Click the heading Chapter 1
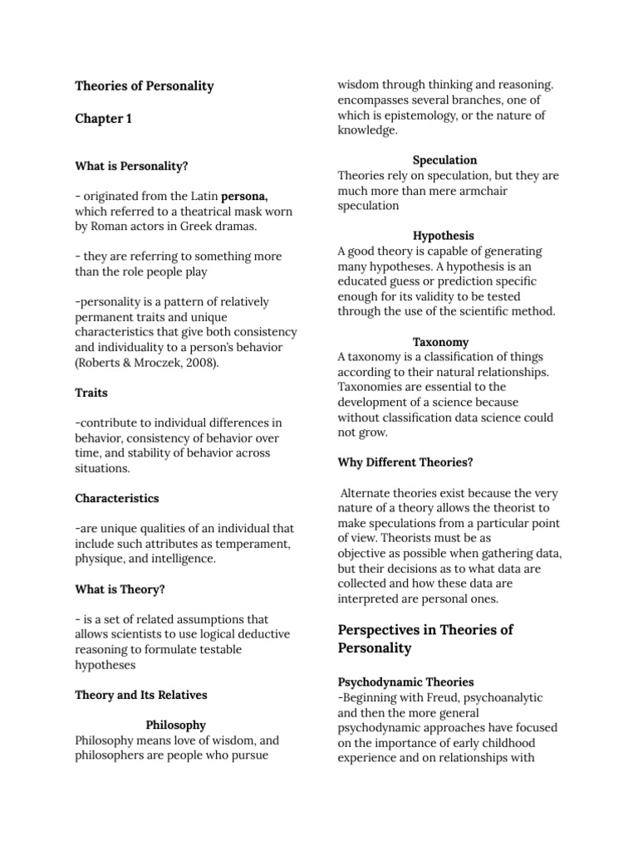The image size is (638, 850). (103, 119)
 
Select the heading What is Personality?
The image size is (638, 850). (131, 166)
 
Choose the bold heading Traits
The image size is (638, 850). (91, 393)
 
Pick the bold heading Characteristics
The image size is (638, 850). (116, 499)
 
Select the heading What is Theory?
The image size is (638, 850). (120, 589)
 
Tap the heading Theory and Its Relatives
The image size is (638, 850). (140, 695)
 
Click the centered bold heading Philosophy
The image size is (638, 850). (176, 725)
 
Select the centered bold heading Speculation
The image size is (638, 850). (445, 159)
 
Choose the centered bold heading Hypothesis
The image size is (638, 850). (444, 236)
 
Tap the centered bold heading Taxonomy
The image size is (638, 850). (441, 342)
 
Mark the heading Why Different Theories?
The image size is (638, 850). (405, 462)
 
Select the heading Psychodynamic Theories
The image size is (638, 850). (405, 682)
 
